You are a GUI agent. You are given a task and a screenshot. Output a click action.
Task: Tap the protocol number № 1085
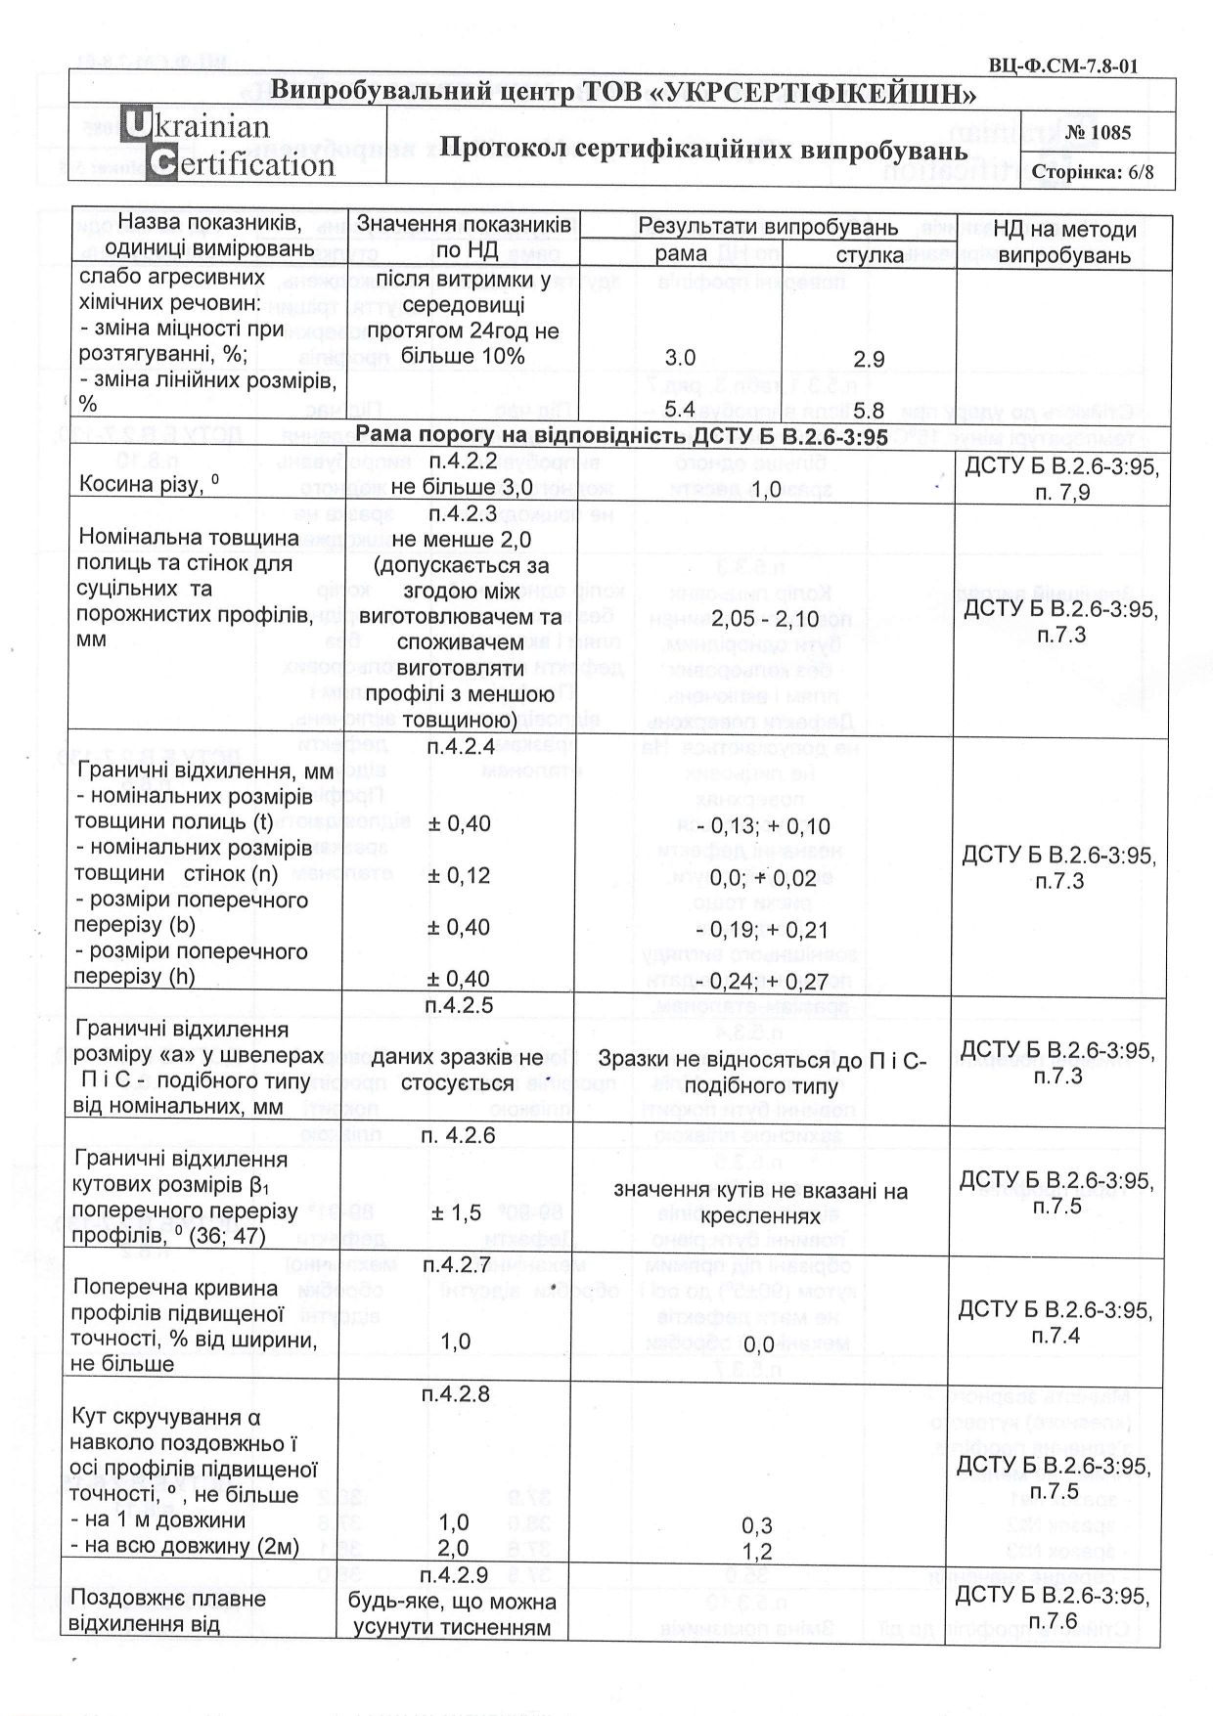pyautogui.click(x=1099, y=132)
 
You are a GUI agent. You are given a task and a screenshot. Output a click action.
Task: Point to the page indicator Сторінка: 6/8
pyautogui.click(x=1094, y=172)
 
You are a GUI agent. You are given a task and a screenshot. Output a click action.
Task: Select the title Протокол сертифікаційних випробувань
pyautogui.click(x=702, y=150)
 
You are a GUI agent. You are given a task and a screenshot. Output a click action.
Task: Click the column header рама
pyautogui.click(x=681, y=254)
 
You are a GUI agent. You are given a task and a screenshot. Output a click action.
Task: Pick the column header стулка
pyautogui.click(x=870, y=255)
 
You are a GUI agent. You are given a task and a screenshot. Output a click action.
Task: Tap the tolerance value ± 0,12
pyautogui.click(x=459, y=876)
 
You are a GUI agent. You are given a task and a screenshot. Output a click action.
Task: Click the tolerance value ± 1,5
pyautogui.click(x=456, y=1212)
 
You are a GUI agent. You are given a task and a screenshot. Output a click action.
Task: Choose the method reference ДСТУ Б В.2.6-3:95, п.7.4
pyautogui.click(x=1056, y=1321)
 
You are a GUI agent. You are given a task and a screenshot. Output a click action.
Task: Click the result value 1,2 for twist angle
pyautogui.click(x=757, y=1552)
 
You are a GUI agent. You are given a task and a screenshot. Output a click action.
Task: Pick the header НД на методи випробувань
pyautogui.click(x=1064, y=242)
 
